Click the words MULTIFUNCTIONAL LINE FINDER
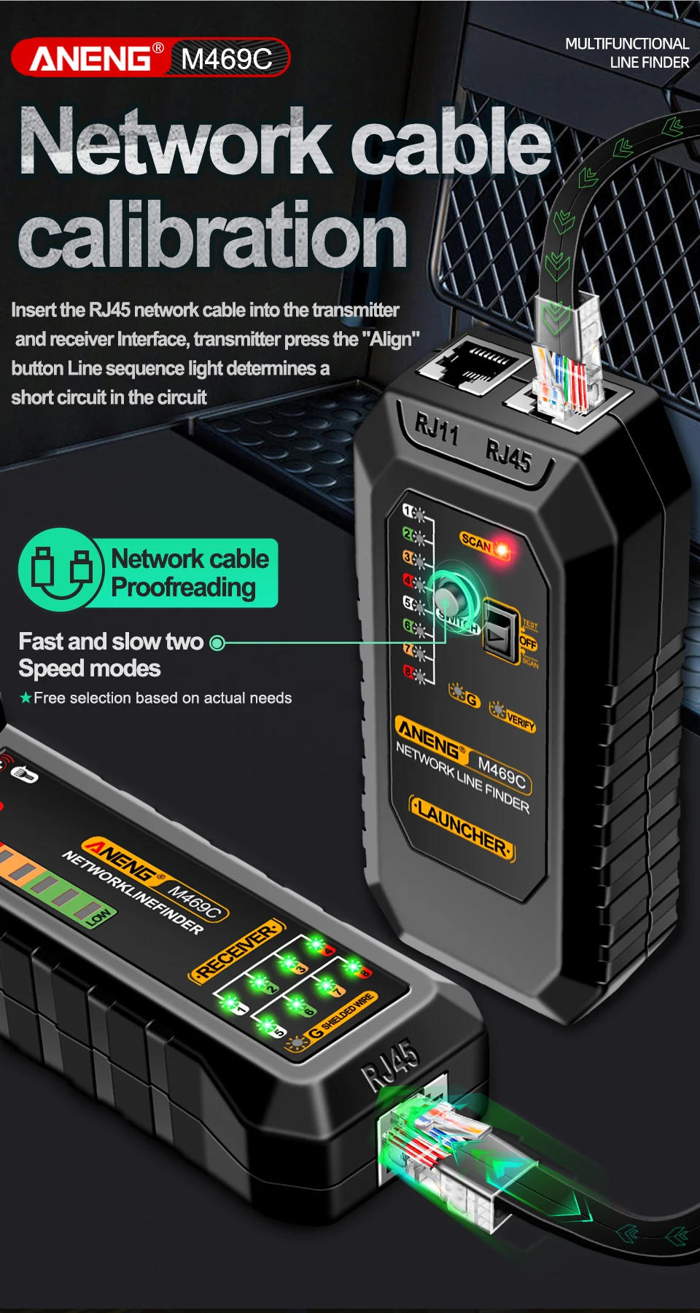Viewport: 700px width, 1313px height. [x=626, y=53]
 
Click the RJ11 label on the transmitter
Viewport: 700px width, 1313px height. [x=436, y=429]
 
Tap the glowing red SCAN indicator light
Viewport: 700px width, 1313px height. [x=502, y=548]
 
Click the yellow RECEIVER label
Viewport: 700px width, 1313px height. [x=237, y=949]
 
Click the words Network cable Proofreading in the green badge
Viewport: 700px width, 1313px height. [x=190, y=573]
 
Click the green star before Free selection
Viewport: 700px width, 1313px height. [x=26, y=698]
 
